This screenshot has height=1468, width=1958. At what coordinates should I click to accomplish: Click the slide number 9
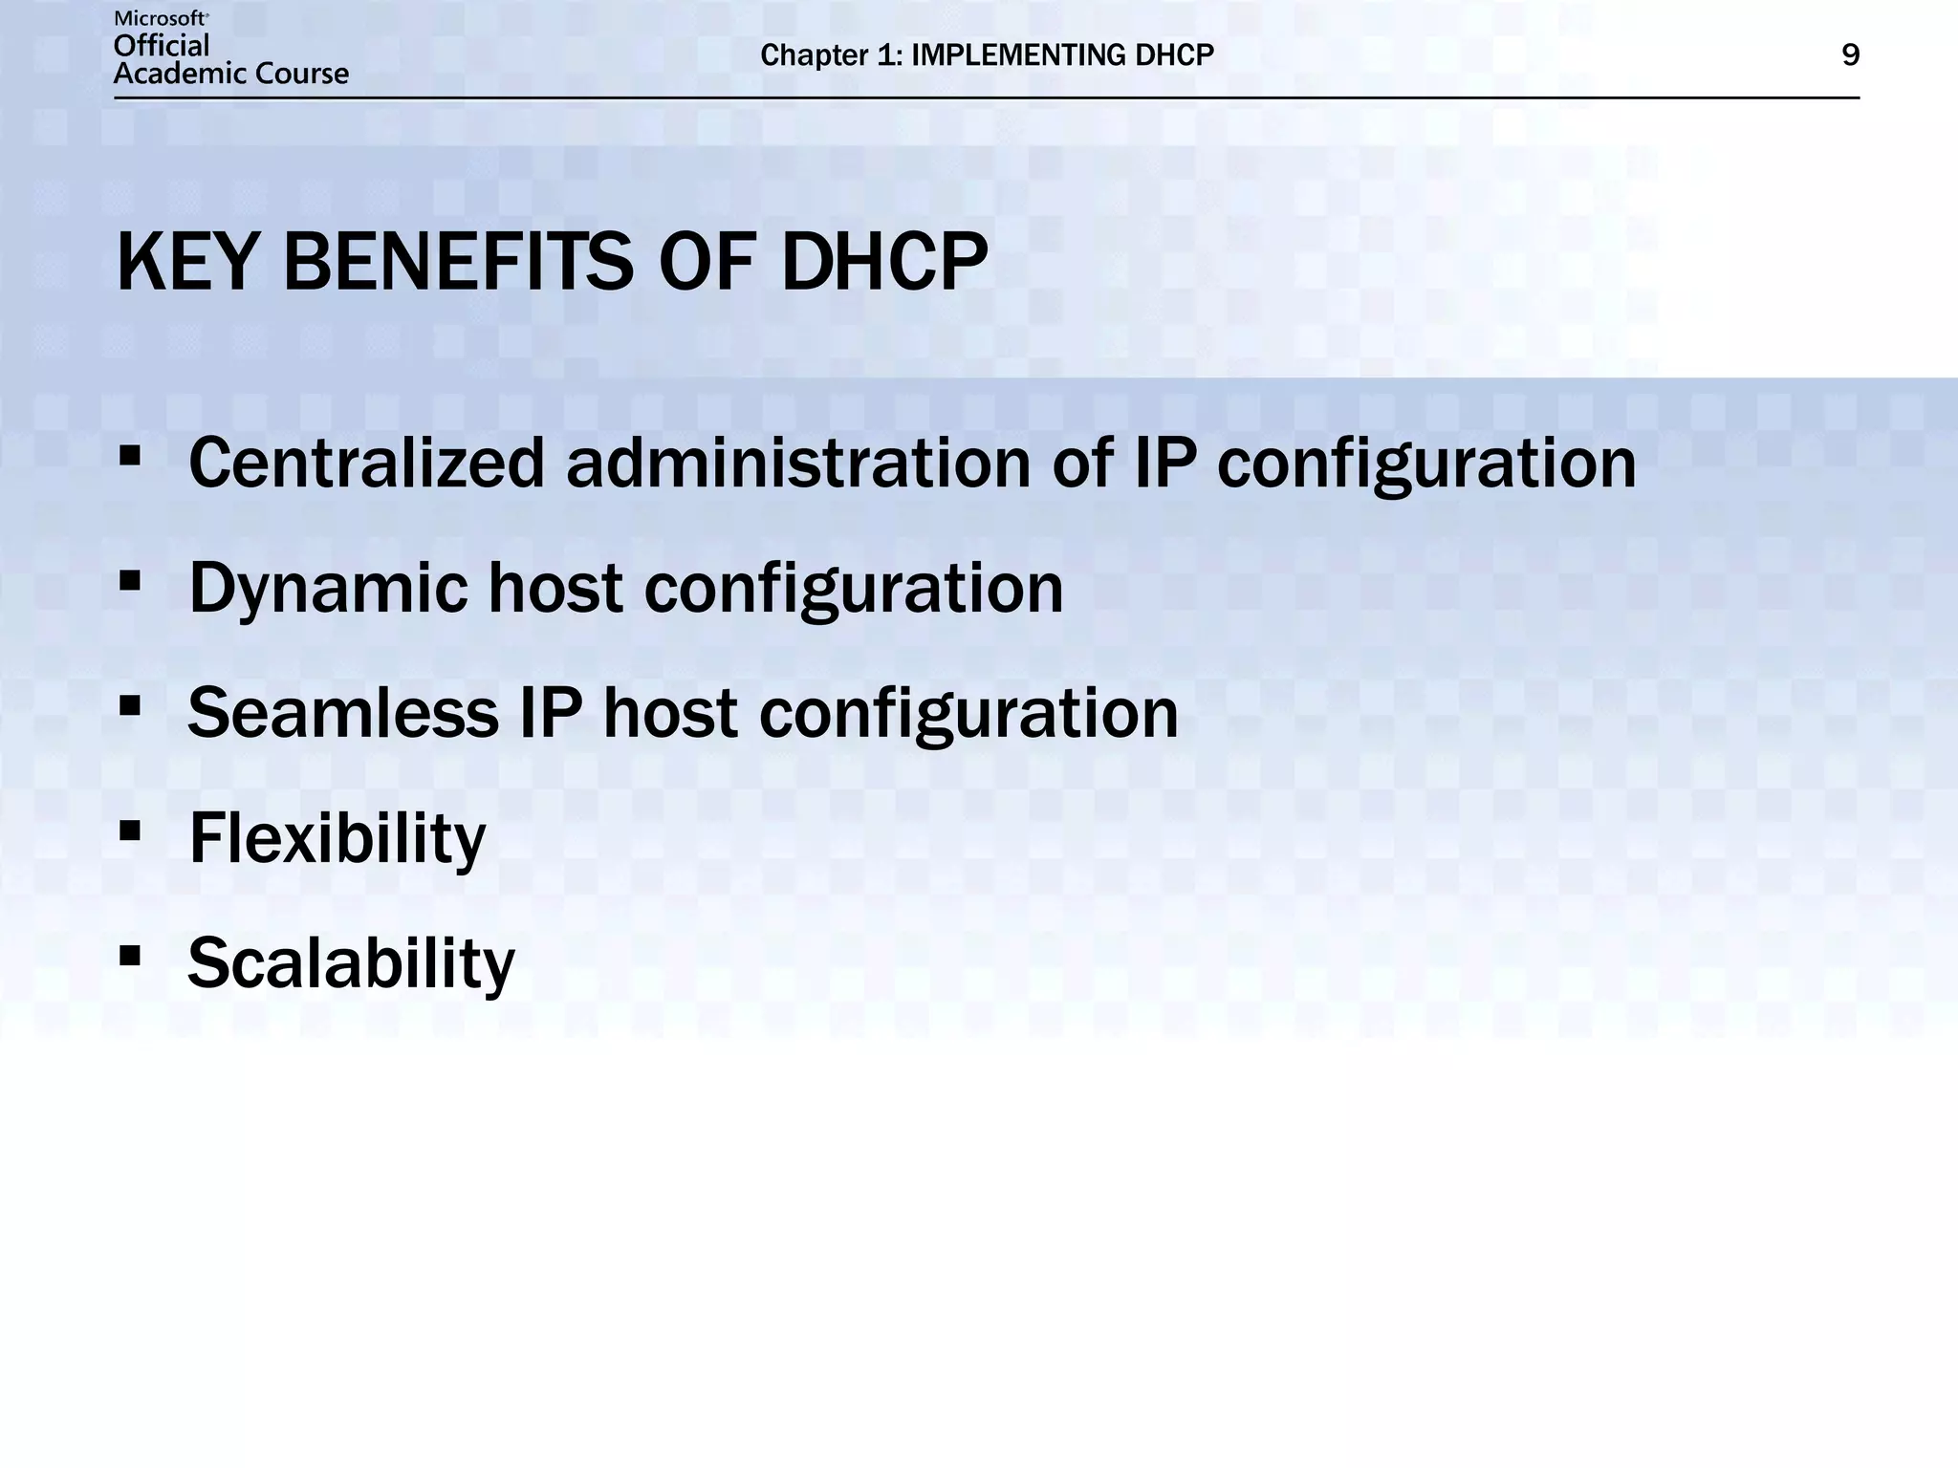coord(1850,55)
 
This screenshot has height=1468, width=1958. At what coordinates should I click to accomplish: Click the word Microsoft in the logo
coord(161,18)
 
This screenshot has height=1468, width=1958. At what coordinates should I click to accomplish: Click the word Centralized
coord(366,464)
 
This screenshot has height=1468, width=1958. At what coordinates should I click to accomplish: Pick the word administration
coord(798,464)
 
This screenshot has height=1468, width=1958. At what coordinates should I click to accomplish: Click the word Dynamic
coord(328,589)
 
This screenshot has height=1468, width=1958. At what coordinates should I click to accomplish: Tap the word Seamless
coord(343,713)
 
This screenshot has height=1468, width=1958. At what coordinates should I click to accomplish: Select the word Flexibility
coord(337,838)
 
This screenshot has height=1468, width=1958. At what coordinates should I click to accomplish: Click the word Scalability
coord(351,962)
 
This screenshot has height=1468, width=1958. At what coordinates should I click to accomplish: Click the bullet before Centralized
coord(130,456)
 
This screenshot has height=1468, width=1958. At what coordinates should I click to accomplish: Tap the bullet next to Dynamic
coord(130,581)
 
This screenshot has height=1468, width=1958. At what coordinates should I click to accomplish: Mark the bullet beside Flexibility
coord(130,831)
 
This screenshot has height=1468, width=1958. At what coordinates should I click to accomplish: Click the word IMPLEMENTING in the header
coord(1018,55)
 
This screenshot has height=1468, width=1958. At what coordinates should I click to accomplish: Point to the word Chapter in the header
coord(814,55)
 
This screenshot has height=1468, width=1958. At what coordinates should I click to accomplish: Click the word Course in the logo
coord(304,74)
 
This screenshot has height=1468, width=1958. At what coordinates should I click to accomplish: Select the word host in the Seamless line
coord(670,713)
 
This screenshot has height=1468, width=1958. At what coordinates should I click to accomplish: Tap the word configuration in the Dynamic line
coord(853,589)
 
